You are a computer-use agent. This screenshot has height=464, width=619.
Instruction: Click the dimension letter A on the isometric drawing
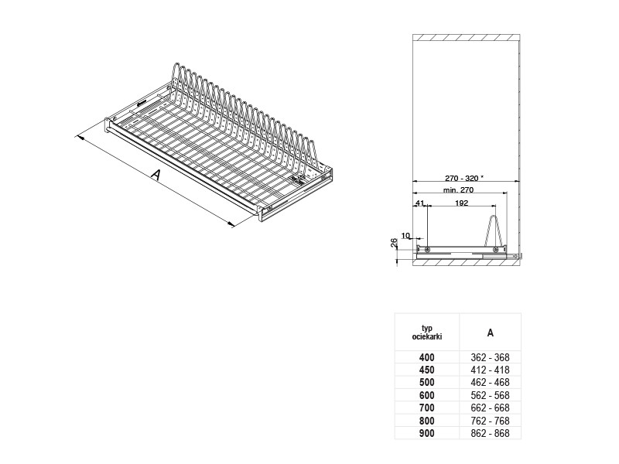point(157,175)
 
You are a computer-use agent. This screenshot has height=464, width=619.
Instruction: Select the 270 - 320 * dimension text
point(463,178)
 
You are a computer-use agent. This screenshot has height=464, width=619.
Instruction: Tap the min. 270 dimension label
point(458,189)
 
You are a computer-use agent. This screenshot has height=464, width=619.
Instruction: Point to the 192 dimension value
point(461,203)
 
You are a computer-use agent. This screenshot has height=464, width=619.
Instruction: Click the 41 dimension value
point(419,203)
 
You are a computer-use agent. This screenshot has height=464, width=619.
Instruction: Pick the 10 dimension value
point(405,236)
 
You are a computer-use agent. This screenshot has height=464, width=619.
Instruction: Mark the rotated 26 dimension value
point(394,243)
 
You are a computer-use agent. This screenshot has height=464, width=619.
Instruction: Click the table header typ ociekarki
point(427,333)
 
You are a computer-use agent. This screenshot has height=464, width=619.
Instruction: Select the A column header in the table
point(490,333)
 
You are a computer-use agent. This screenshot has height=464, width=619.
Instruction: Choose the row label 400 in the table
point(427,357)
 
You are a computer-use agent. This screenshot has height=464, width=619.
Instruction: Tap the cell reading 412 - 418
point(490,370)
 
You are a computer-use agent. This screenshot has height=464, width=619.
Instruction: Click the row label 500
point(427,382)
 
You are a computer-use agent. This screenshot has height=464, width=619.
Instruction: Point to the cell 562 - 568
point(490,395)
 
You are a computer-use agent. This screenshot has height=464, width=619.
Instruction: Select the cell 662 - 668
point(490,408)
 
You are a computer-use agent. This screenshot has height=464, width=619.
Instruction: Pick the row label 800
point(427,421)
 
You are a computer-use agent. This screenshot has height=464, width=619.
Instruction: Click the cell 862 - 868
point(490,433)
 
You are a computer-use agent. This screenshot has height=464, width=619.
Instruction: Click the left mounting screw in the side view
point(427,249)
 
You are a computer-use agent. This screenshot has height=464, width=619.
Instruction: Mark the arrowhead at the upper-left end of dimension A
point(78,138)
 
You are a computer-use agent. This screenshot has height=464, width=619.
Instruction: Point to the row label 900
point(427,433)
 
